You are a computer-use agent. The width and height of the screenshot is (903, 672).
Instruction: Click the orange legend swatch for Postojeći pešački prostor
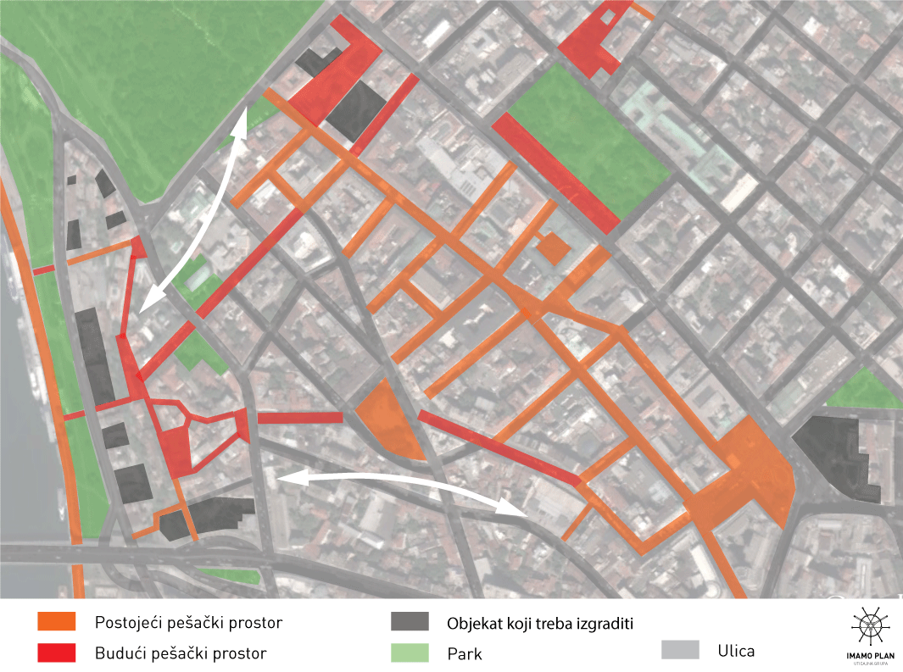coord(57,623)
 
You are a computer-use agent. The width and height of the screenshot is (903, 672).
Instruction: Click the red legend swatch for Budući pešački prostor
coord(57,653)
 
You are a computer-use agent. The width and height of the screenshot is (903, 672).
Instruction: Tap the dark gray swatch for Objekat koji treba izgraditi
coord(410,623)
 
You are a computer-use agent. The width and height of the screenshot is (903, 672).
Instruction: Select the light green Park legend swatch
coord(410,653)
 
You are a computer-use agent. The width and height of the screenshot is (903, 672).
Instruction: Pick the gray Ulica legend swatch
coord(679,650)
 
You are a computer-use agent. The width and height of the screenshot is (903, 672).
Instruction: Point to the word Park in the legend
coord(465,653)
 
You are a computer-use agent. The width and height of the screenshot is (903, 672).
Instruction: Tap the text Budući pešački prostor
coord(181,653)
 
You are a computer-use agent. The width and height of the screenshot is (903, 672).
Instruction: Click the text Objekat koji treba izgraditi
coord(541,624)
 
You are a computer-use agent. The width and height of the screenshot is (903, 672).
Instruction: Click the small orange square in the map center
coord(555,248)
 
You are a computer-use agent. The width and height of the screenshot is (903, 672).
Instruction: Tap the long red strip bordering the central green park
coord(555,173)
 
